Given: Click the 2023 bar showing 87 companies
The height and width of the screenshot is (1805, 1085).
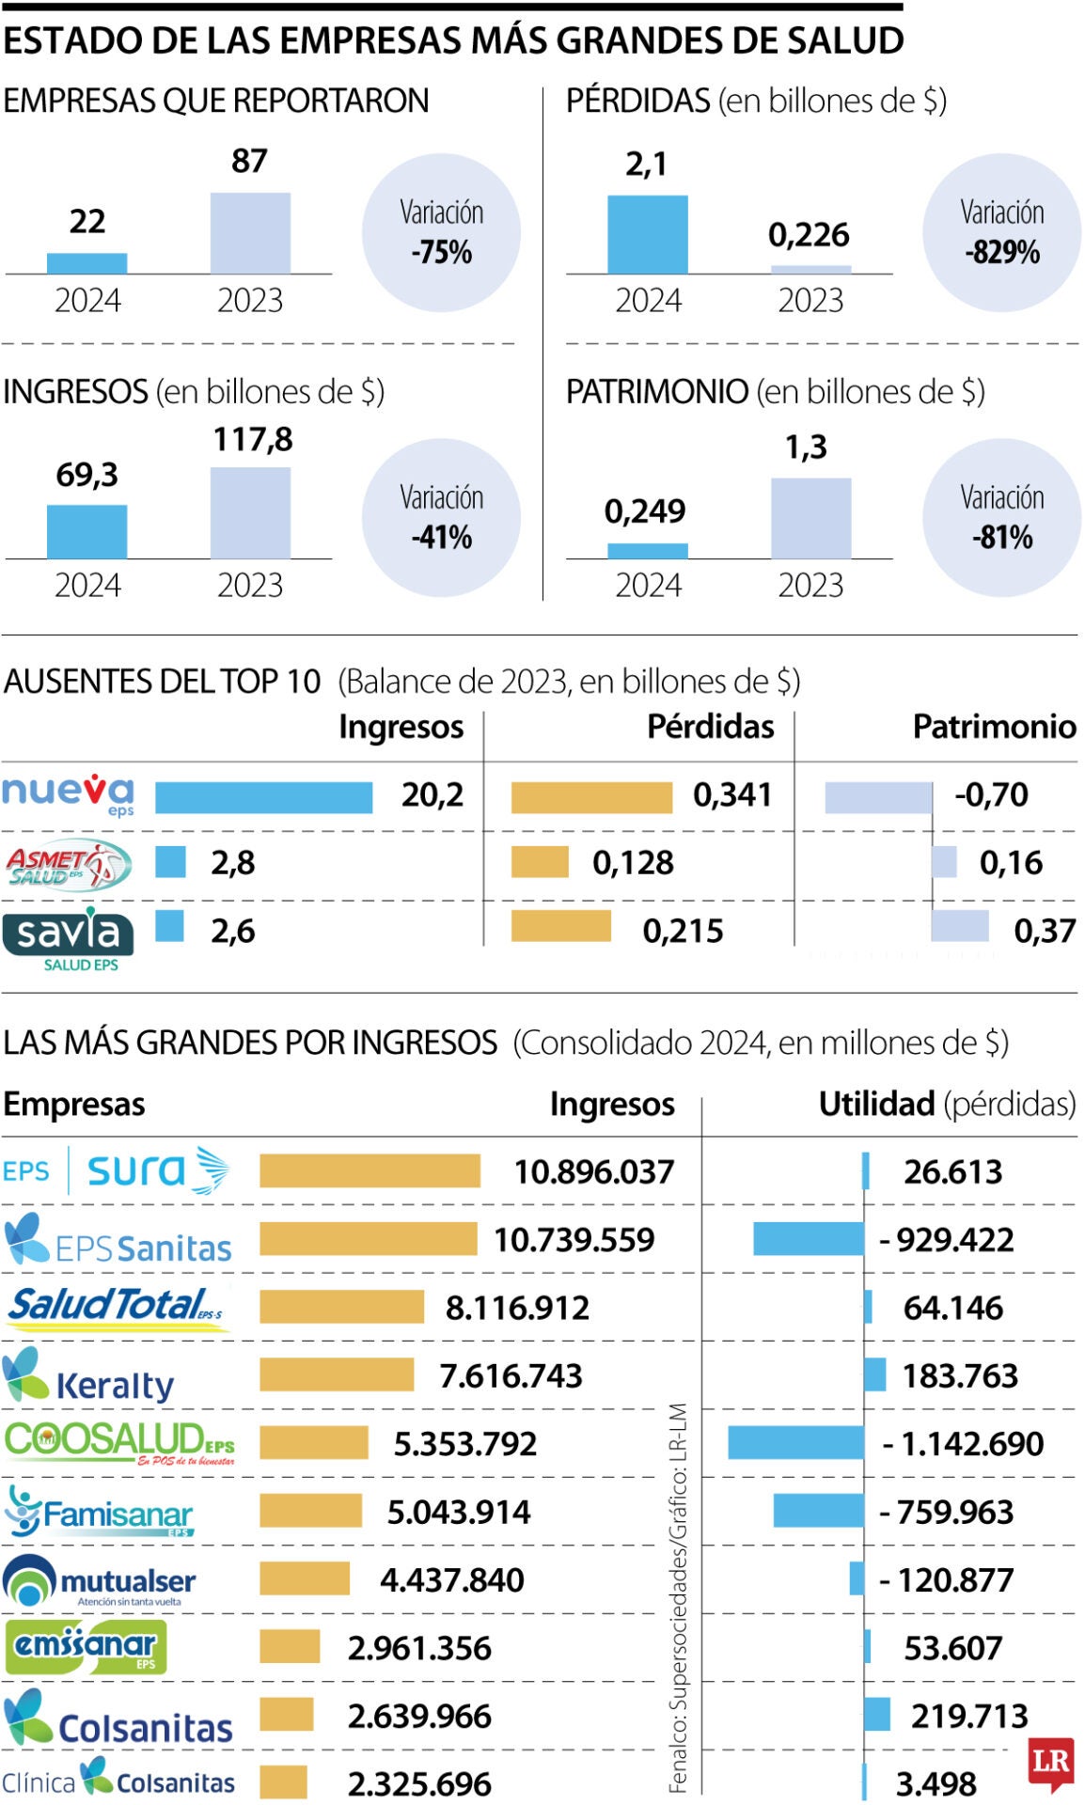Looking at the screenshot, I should [x=249, y=233].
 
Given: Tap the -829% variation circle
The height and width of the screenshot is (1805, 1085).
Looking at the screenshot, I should [x=1001, y=233].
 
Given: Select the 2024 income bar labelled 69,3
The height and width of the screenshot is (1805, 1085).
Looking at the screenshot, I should [x=86, y=531].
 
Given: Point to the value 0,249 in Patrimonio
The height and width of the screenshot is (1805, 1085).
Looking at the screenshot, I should [x=645, y=511].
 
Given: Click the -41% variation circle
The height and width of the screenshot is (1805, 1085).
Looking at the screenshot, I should [x=441, y=518].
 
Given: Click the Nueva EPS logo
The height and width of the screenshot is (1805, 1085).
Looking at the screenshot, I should [x=68, y=794].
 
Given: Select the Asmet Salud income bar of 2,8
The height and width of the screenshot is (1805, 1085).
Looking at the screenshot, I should [x=170, y=862].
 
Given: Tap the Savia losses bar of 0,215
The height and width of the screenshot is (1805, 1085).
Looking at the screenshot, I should [x=560, y=926].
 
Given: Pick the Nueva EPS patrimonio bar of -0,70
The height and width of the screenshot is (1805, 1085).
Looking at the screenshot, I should [x=878, y=797].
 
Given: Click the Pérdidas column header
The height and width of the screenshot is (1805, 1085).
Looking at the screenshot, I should [x=710, y=727].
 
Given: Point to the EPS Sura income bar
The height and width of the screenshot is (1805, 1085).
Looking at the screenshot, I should [x=370, y=1171].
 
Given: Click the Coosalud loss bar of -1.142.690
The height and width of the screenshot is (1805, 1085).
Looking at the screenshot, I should [x=795, y=1443].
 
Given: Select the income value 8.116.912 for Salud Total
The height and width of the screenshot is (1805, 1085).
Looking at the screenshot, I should [x=517, y=1308].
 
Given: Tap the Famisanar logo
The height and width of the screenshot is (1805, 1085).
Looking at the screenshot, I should [x=99, y=1512].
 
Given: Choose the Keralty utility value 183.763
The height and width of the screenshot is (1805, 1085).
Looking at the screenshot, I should [x=960, y=1376].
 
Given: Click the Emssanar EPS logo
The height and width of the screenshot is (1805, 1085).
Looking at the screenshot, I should [x=86, y=1647].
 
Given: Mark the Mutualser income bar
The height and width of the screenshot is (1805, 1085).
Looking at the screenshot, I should [x=305, y=1579].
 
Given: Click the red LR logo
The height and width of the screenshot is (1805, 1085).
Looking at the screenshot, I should [x=1050, y=1764].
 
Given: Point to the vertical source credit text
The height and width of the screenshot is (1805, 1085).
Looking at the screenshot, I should [x=678, y=1598].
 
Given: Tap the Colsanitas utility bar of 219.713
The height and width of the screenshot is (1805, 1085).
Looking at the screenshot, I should [x=876, y=1715].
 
